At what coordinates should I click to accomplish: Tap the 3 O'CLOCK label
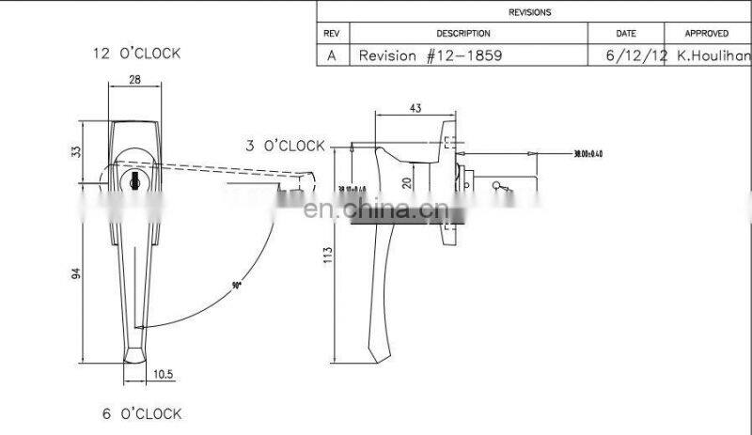tap(285, 146)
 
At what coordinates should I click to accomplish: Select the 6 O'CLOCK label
tap(141, 413)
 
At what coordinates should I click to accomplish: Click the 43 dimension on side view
tap(415, 108)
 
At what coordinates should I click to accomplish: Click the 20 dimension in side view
tap(405, 184)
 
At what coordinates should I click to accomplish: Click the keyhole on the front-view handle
tap(134, 179)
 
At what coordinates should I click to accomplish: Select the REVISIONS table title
tap(529, 12)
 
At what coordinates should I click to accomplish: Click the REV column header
tap(331, 33)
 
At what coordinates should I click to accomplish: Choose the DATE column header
tap(626, 33)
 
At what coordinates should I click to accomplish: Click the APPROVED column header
tap(707, 33)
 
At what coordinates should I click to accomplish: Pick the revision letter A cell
tap(331, 55)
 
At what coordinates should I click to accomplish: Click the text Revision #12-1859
tap(431, 55)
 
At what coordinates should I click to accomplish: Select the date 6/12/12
tap(637, 55)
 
